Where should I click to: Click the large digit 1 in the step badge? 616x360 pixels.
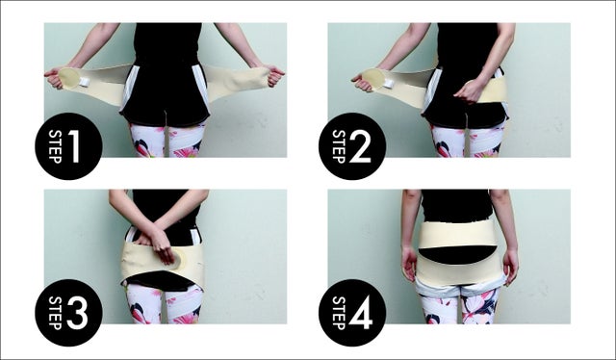(75, 146)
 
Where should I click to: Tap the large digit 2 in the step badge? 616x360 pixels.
(360, 146)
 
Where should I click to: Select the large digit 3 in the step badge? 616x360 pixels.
(77, 313)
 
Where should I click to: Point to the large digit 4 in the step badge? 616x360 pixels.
(361, 313)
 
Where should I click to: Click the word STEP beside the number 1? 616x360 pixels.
(55, 146)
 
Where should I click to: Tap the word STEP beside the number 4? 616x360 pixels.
(339, 313)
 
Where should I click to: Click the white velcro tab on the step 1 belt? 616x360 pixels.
(85, 82)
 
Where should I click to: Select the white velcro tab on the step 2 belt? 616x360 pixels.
(389, 84)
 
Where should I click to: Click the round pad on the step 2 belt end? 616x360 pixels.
(372, 78)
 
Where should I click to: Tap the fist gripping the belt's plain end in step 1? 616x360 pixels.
(274, 75)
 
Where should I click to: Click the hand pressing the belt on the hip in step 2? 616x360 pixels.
(470, 90)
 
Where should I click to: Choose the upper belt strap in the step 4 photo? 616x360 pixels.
(458, 234)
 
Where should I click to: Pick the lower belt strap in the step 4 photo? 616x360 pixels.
(460, 270)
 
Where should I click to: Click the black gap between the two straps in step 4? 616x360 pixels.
(458, 254)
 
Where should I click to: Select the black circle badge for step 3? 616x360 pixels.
(68, 313)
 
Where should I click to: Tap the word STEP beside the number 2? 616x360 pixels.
(339, 146)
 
